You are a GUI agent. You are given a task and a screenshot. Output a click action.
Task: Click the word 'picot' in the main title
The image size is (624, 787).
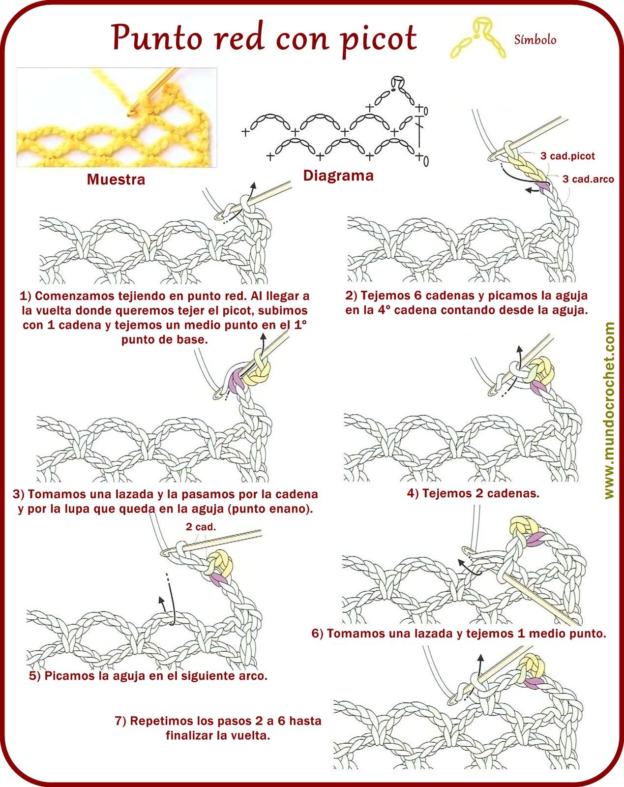tap(379, 39)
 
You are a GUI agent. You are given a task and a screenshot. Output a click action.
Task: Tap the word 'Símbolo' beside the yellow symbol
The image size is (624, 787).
tap(535, 39)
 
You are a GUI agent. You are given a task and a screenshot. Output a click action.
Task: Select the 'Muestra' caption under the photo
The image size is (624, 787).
tap(116, 179)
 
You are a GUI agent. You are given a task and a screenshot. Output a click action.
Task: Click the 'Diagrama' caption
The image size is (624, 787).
tap(338, 176)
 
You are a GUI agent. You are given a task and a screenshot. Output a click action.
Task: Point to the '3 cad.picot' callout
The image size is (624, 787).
tap(567, 156)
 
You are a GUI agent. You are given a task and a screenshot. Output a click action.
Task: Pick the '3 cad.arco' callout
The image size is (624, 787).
tap(588, 179)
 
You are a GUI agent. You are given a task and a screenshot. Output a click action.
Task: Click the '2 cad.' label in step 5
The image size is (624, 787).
tap(201, 527)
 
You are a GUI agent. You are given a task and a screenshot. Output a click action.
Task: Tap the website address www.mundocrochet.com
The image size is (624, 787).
tap(609, 410)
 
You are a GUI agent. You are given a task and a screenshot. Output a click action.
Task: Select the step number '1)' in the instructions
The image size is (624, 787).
tap(26, 296)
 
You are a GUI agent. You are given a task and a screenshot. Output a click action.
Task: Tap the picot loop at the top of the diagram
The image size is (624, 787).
tap(398, 83)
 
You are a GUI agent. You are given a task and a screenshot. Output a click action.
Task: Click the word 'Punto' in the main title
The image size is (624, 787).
tap(157, 38)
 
